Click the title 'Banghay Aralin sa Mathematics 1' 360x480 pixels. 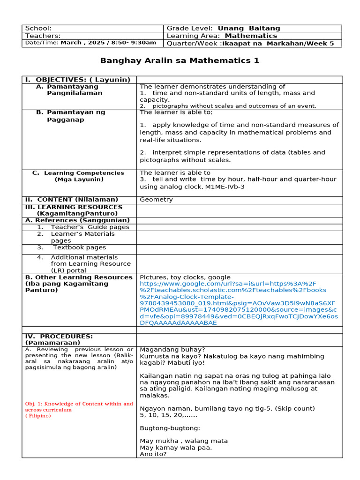tap(180, 61)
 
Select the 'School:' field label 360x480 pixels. tap(38, 29)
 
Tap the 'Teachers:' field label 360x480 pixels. tap(43, 36)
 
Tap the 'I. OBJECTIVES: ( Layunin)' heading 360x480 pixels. tap(77, 80)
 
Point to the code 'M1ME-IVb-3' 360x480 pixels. tap(225, 187)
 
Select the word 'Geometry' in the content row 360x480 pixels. tap(156, 200)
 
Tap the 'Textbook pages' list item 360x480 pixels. tap(79, 247)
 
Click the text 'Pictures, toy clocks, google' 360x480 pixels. tap(185, 277)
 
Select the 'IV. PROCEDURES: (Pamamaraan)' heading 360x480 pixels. tap(59, 339)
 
